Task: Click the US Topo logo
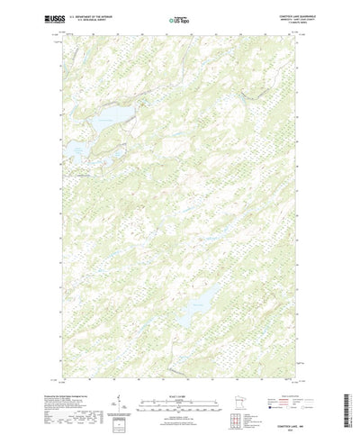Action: [180, 18]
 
